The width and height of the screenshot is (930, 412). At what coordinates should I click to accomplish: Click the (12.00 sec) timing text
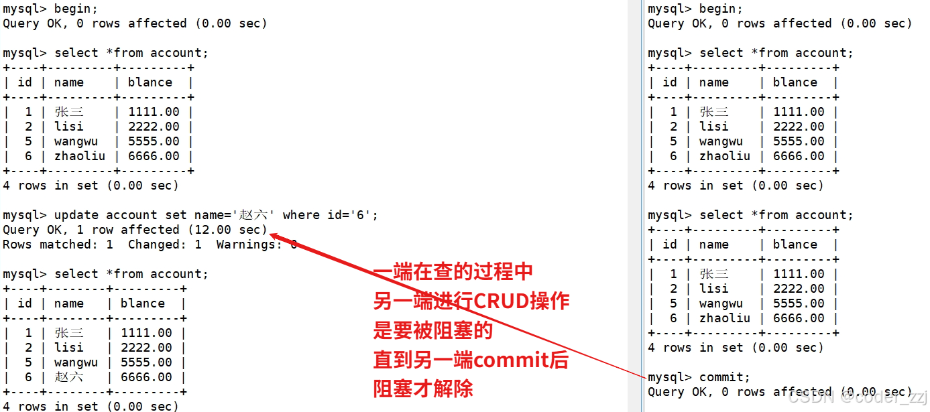pyautogui.click(x=227, y=230)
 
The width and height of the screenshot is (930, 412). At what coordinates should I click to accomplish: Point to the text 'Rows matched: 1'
pyautogui.click(x=58, y=245)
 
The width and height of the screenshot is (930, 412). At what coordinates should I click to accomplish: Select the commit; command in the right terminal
pyautogui.click(x=725, y=377)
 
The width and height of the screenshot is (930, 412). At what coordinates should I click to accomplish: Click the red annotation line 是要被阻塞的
pyautogui.click(x=432, y=330)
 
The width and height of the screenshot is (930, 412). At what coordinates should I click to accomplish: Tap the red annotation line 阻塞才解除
pyautogui.click(x=423, y=389)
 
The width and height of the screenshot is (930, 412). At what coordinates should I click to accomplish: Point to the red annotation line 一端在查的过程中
pyautogui.click(x=453, y=272)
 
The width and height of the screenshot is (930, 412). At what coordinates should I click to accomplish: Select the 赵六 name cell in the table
pyautogui.click(x=69, y=377)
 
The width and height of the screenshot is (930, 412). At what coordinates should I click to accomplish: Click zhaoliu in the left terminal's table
pyautogui.click(x=80, y=156)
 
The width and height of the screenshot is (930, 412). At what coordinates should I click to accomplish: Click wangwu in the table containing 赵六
pyautogui.click(x=76, y=362)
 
